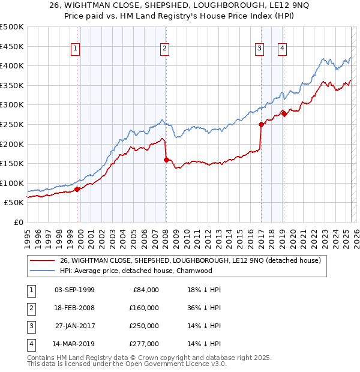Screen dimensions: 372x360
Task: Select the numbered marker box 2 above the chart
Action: click(x=164, y=49)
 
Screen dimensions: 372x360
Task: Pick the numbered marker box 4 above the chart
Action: click(x=282, y=49)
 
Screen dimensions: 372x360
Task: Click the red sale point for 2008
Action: click(x=166, y=160)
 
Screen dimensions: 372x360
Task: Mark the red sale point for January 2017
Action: click(x=261, y=125)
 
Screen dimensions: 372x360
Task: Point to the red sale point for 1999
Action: click(x=77, y=189)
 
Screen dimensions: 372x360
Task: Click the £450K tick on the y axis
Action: click(x=12, y=46)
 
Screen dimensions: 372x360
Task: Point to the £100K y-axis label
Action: click(x=12, y=183)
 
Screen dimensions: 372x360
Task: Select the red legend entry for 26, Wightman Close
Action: click(x=191, y=260)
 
